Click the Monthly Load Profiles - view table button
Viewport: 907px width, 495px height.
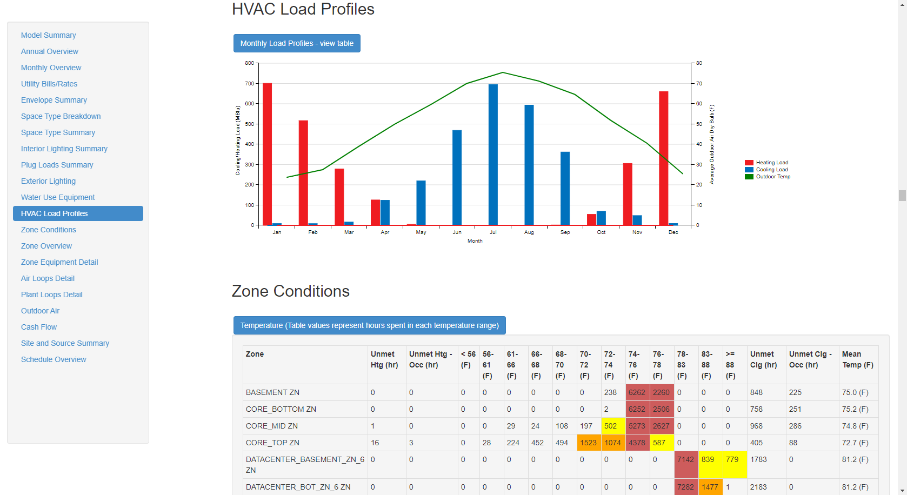[x=297, y=43]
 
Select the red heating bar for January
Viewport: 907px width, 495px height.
[x=267, y=154]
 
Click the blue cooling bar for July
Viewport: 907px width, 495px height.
[x=493, y=154]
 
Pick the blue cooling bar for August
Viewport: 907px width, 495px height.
[x=529, y=165]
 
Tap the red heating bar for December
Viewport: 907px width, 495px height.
[x=664, y=158]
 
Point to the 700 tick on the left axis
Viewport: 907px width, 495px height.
[x=249, y=84]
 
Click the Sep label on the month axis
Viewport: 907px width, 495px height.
[x=565, y=232]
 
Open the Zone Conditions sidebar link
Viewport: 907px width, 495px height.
[x=49, y=230]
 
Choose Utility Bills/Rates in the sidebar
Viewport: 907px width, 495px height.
[x=49, y=84]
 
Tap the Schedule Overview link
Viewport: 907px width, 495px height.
[x=54, y=359]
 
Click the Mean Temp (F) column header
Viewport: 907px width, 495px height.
[x=857, y=359]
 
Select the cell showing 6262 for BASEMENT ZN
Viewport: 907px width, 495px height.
[x=637, y=392]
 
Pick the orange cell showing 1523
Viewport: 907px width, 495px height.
[x=588, y=443]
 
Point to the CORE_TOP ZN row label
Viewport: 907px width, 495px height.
[x=272, y=443]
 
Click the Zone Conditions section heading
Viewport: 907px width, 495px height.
[x=290, y=291]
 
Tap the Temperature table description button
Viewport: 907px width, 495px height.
[x=369, y=325]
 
